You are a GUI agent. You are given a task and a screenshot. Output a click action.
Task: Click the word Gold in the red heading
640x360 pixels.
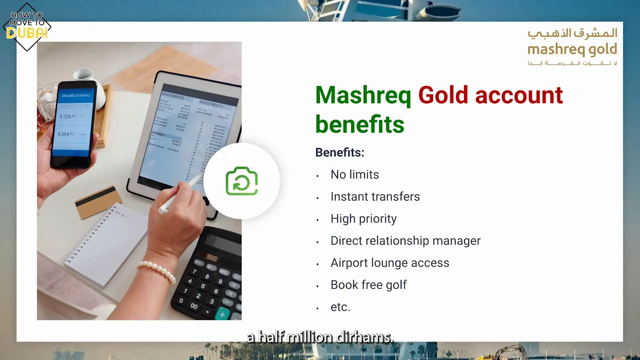point(443,95)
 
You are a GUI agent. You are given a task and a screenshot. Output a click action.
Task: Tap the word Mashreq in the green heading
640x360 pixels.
point(363,95)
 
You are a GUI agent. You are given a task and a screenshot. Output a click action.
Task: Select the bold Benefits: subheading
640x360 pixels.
point(339,152)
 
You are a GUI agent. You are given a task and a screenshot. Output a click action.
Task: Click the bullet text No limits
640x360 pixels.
point(354,174)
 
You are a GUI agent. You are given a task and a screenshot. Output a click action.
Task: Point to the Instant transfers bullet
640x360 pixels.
point(375,196)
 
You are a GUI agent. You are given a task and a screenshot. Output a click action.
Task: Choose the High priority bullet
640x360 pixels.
point(363,218)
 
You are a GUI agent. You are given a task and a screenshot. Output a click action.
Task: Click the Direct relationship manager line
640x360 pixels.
point(405,240)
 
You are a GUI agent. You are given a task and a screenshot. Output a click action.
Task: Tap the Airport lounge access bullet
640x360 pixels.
point(389,262)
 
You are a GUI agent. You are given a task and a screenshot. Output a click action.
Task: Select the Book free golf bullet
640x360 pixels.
point(368,284)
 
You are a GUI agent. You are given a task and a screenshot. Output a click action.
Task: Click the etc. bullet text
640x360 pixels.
point(340,306)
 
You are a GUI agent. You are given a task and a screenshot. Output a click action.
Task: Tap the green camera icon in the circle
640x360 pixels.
point(241,181)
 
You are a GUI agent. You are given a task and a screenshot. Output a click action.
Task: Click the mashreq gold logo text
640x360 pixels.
point(572,49)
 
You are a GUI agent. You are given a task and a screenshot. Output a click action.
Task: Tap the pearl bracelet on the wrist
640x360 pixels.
point(156,270)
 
